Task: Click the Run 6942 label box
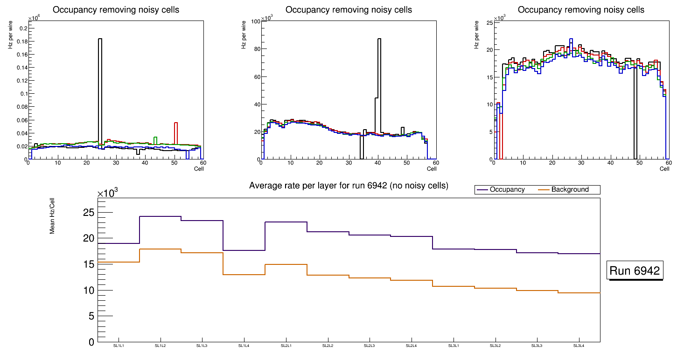(x=635, y=271)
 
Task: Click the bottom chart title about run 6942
(x=349, y=186)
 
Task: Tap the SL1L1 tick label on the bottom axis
(x=119, y=346)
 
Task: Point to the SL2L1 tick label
(x=286, y=346)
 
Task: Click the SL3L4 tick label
(x=579, y=346)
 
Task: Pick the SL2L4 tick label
(x=412, y=346)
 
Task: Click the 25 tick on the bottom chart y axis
(x=88, y=213)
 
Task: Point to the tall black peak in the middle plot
(x=379, y=70)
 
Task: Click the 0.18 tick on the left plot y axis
(x=21, y=42)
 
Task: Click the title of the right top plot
(x=581, y=10)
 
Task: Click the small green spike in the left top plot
(x=155, y=140)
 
